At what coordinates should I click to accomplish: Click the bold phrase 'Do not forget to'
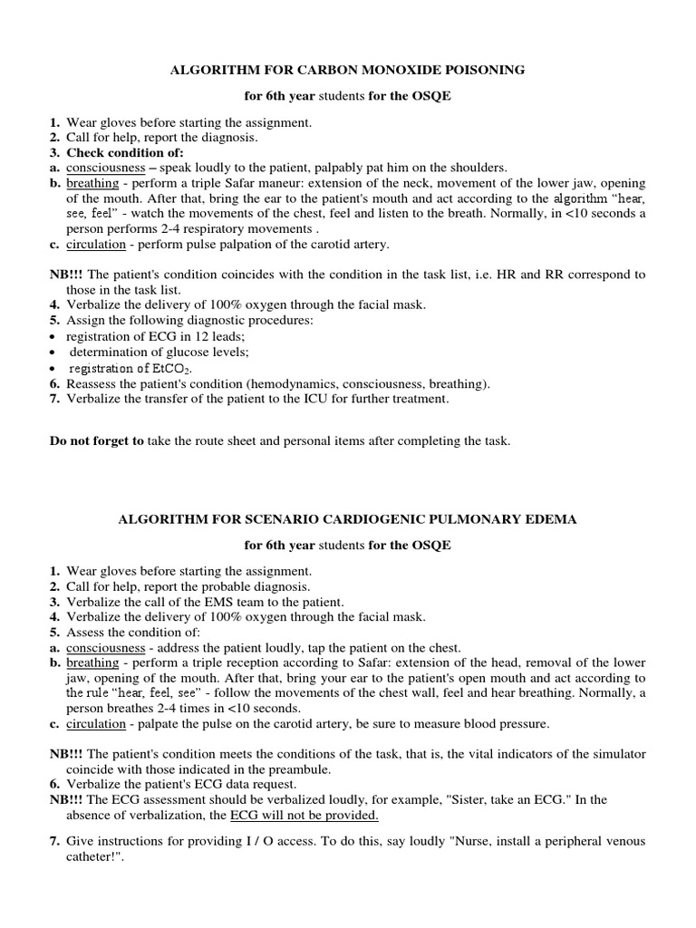coord(95,441)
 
